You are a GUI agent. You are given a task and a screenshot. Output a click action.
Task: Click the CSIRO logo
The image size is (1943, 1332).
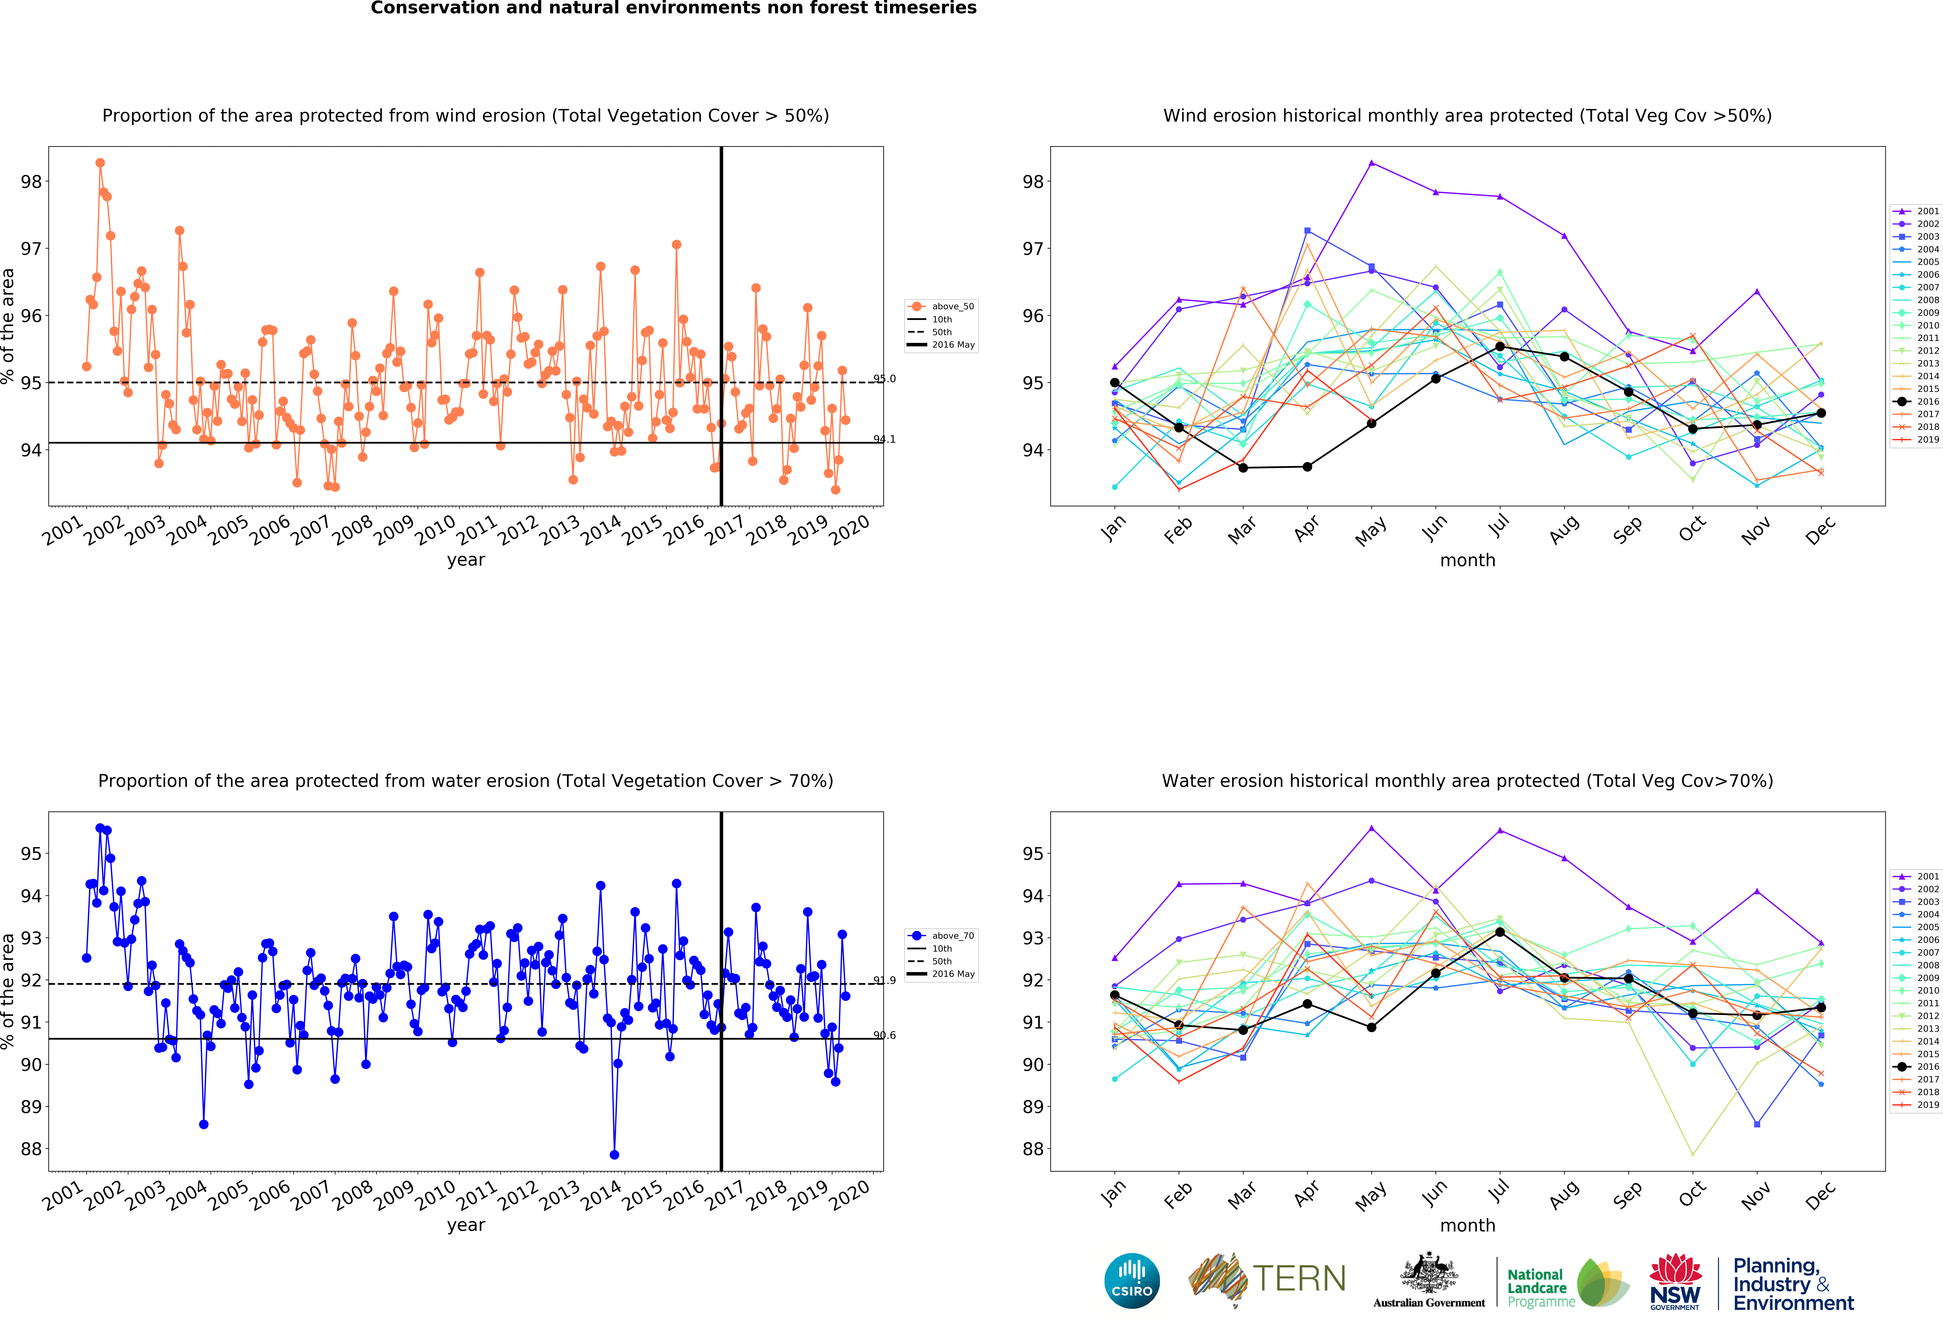[x=1132, y=1280]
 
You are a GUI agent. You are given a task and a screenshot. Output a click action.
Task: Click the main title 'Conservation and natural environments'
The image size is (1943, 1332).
[x=673, y=8]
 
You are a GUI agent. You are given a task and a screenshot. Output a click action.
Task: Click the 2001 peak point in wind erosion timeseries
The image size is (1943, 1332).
[x=100, y=163]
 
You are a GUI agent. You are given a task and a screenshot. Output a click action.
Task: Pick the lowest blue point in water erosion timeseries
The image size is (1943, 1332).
[x=615, y=1155]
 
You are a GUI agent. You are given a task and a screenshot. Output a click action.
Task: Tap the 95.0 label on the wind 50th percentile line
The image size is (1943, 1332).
[x=885, y=379]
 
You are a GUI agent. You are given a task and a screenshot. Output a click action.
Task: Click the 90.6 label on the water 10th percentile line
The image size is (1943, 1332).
[x=885, y=1035]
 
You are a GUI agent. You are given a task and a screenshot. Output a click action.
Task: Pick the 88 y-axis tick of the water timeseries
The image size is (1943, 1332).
[x=31, y=1149]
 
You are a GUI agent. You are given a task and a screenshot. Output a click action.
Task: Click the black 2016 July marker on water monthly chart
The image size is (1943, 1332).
[x=1500, y=932]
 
